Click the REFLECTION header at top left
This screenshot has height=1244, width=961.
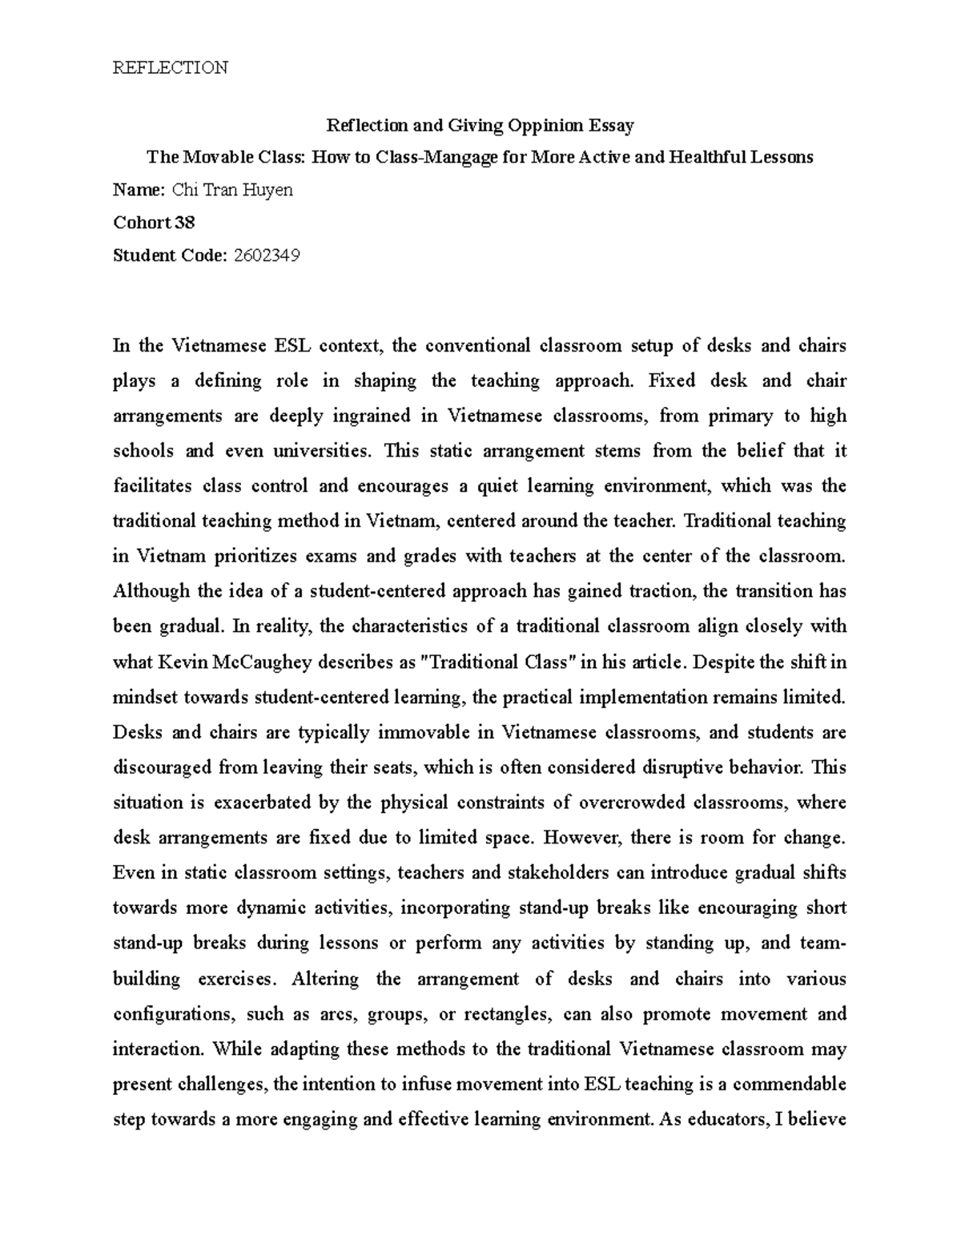pos(170,67)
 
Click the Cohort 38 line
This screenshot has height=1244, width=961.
pos(154,223)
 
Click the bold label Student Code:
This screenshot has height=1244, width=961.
pos(170,256)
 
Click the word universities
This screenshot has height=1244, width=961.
pos(323,451)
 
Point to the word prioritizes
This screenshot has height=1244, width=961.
pos(275,556)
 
